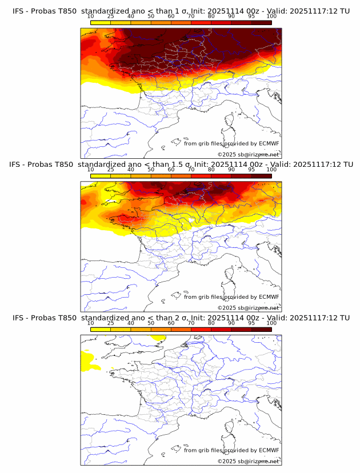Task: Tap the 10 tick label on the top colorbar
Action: [x=91, y=16]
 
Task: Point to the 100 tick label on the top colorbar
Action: [x=271, y=16]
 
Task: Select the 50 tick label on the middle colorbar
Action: [x=151, y=170]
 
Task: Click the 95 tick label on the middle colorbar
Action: [x=251, y=170]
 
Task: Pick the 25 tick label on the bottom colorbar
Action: [x=110, y=323]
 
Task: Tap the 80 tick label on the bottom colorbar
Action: [x=211, y=323]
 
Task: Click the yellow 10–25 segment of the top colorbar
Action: [x=101, y=22]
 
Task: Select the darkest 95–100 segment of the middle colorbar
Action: [x=262, y=176]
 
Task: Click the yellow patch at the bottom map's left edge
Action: [x=87, y=359]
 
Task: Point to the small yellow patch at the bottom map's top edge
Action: [x=158, y=337]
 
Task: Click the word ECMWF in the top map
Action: [x=269, y=143]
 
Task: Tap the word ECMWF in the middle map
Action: [x=269, y=297]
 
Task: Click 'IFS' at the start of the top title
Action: [x=18, y=11]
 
